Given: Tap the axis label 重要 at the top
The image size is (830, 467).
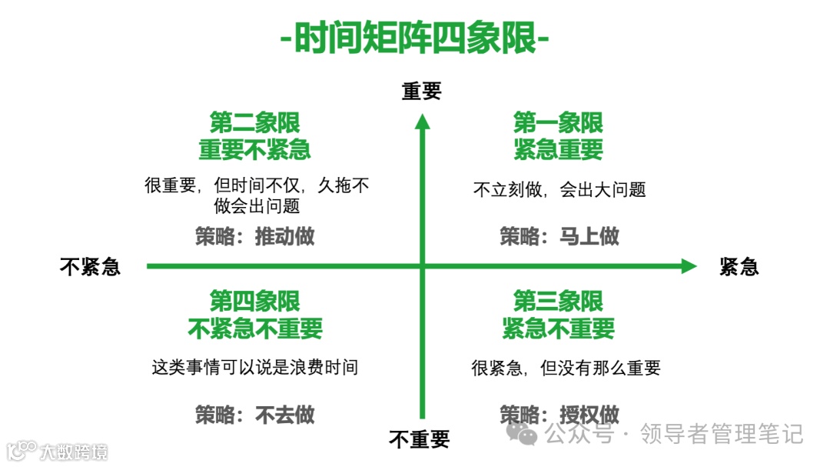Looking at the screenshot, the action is [x=421, y=92].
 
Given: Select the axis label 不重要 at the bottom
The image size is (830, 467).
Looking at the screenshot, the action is [x=419, y=440].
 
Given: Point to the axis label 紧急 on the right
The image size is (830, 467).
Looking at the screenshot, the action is [x=739, y=266].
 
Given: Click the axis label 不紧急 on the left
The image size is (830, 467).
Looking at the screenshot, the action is [x=90, y=266].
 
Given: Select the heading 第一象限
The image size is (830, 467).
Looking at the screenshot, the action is [x=558, y=122].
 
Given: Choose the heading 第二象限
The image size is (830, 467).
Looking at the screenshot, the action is [x=254, y=122].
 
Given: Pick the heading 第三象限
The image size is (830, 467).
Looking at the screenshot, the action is [x=558, y=301].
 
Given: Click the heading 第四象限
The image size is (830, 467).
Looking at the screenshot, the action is [x=254, y=301].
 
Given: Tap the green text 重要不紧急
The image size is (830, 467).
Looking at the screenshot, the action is [x=254, y=149].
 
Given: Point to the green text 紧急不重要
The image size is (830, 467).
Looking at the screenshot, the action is [x=558, y=329].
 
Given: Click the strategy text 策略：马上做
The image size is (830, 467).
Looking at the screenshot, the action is [x=559, y=236].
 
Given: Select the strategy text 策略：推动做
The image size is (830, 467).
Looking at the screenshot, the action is [x=254, y=236].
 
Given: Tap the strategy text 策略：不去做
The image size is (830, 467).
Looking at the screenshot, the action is [x=254, y=415].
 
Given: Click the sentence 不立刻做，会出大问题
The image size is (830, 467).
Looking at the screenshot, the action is [x=559, y=189].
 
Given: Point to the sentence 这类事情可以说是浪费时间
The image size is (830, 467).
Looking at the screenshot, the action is [x=254, y=367].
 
